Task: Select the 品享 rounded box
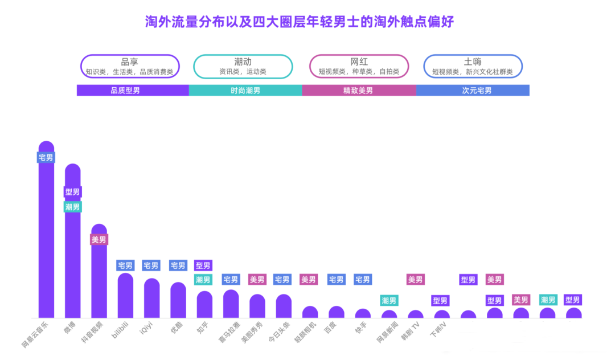pos(130,66)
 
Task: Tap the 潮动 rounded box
pos(243,66)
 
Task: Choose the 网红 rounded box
pos(359,66)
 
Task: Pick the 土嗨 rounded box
pos(473,66)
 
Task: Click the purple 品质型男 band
pos(133,91)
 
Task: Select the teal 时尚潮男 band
pos(245,91)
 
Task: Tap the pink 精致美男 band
pos(359,91)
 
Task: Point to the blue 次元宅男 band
pos(473,91)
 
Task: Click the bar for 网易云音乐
pos(46,239)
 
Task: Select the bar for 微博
pos(73,256)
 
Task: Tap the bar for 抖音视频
pos(99,279)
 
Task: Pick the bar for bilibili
pos(125,296)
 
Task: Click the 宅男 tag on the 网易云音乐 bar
pos(46,157)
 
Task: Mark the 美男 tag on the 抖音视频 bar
pos(99,240)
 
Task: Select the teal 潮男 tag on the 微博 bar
pos(73,207)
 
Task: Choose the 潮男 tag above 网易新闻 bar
pos(389,300)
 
